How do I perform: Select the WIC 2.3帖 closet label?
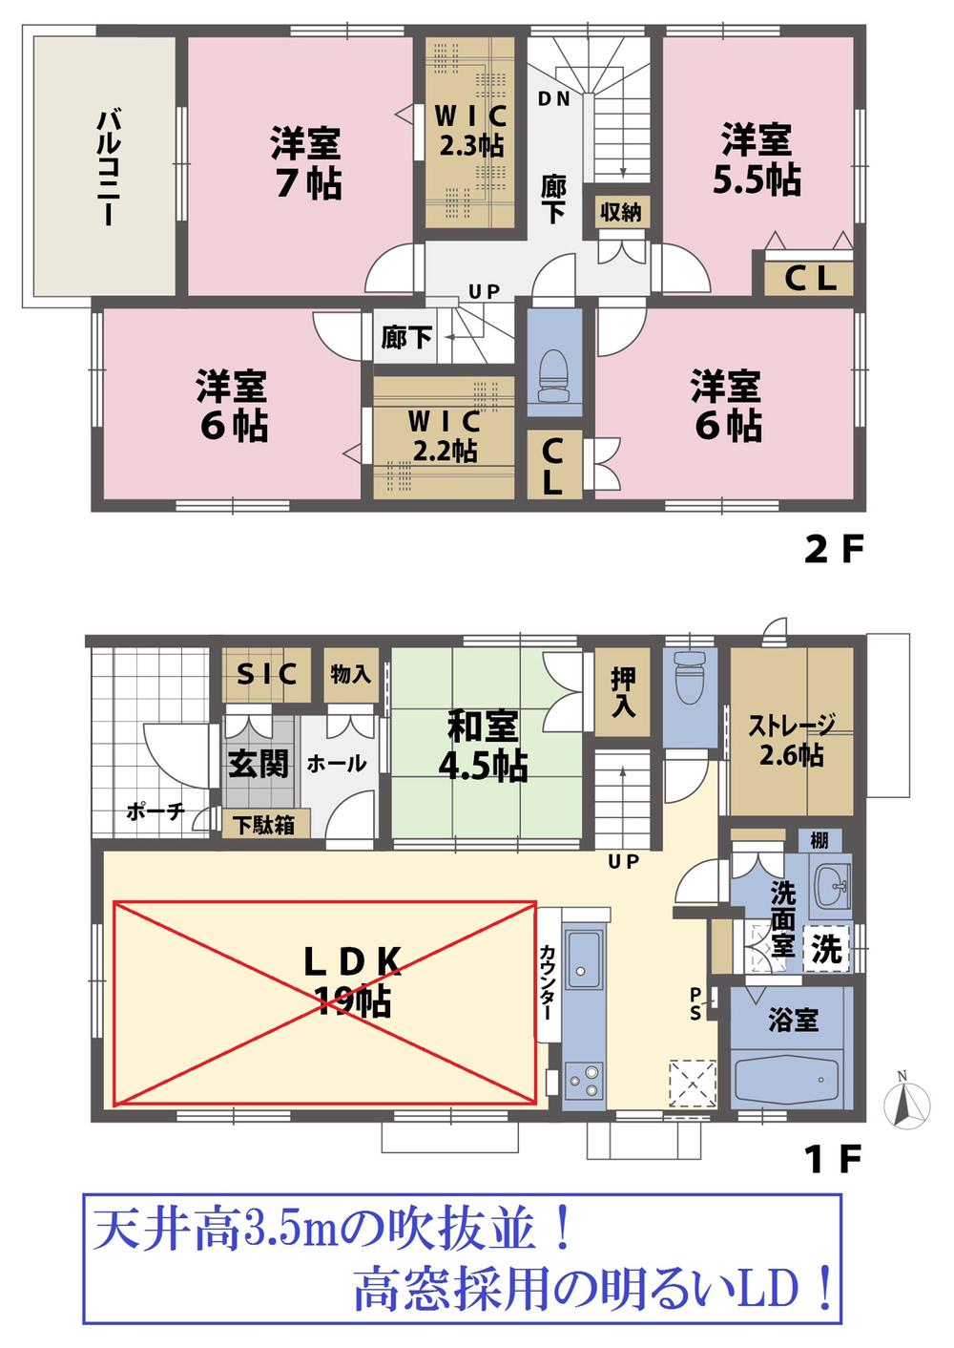pos(469,131)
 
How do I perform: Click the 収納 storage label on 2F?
pos(620,212)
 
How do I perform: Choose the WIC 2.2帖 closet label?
pos(444,435)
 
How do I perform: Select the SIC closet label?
pos(266,674)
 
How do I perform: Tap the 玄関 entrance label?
pos(258,764)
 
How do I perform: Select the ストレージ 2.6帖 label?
pos(792,740)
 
